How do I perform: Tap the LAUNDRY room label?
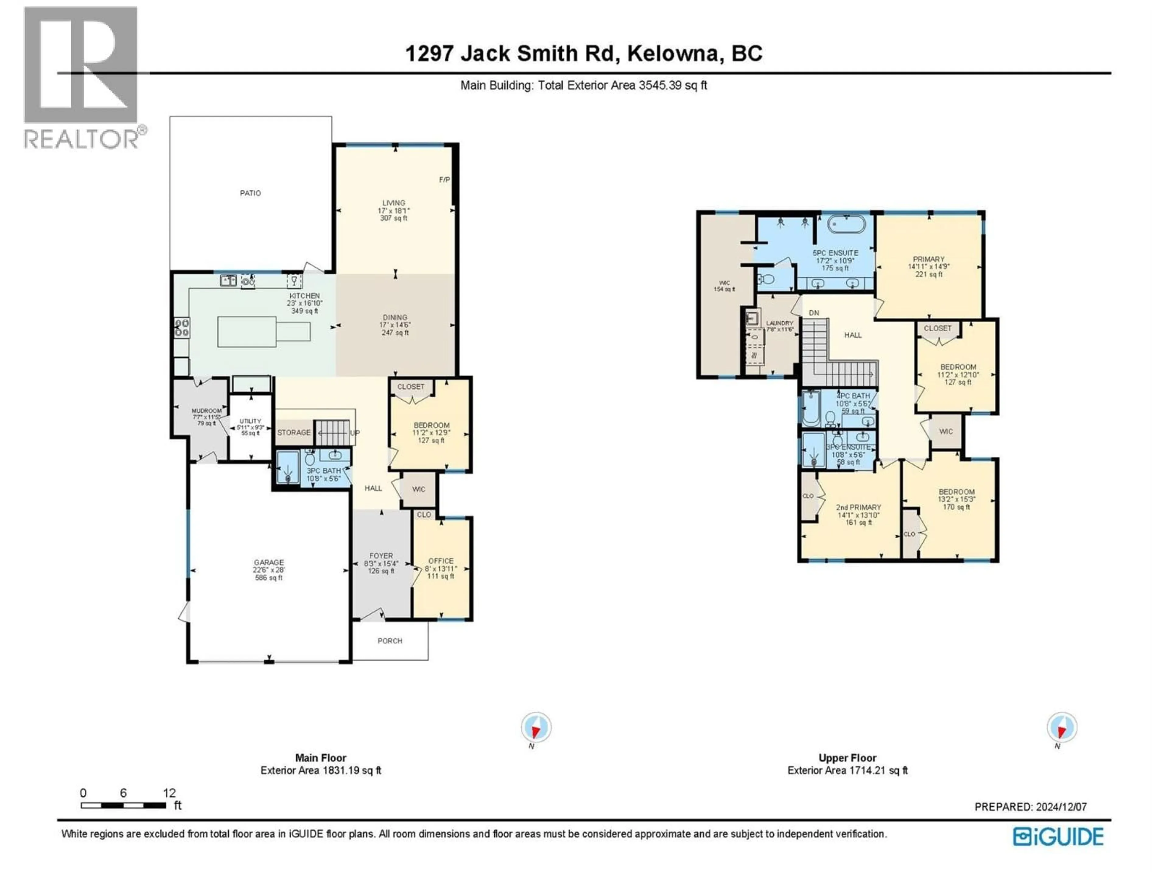click(x=780, y=323)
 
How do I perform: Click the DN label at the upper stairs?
click(x=814, y=313)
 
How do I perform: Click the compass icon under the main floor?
click(x=536, y=728)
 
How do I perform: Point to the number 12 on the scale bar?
click(x=169, y=793)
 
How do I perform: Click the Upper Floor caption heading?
click(x=847, y=758)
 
